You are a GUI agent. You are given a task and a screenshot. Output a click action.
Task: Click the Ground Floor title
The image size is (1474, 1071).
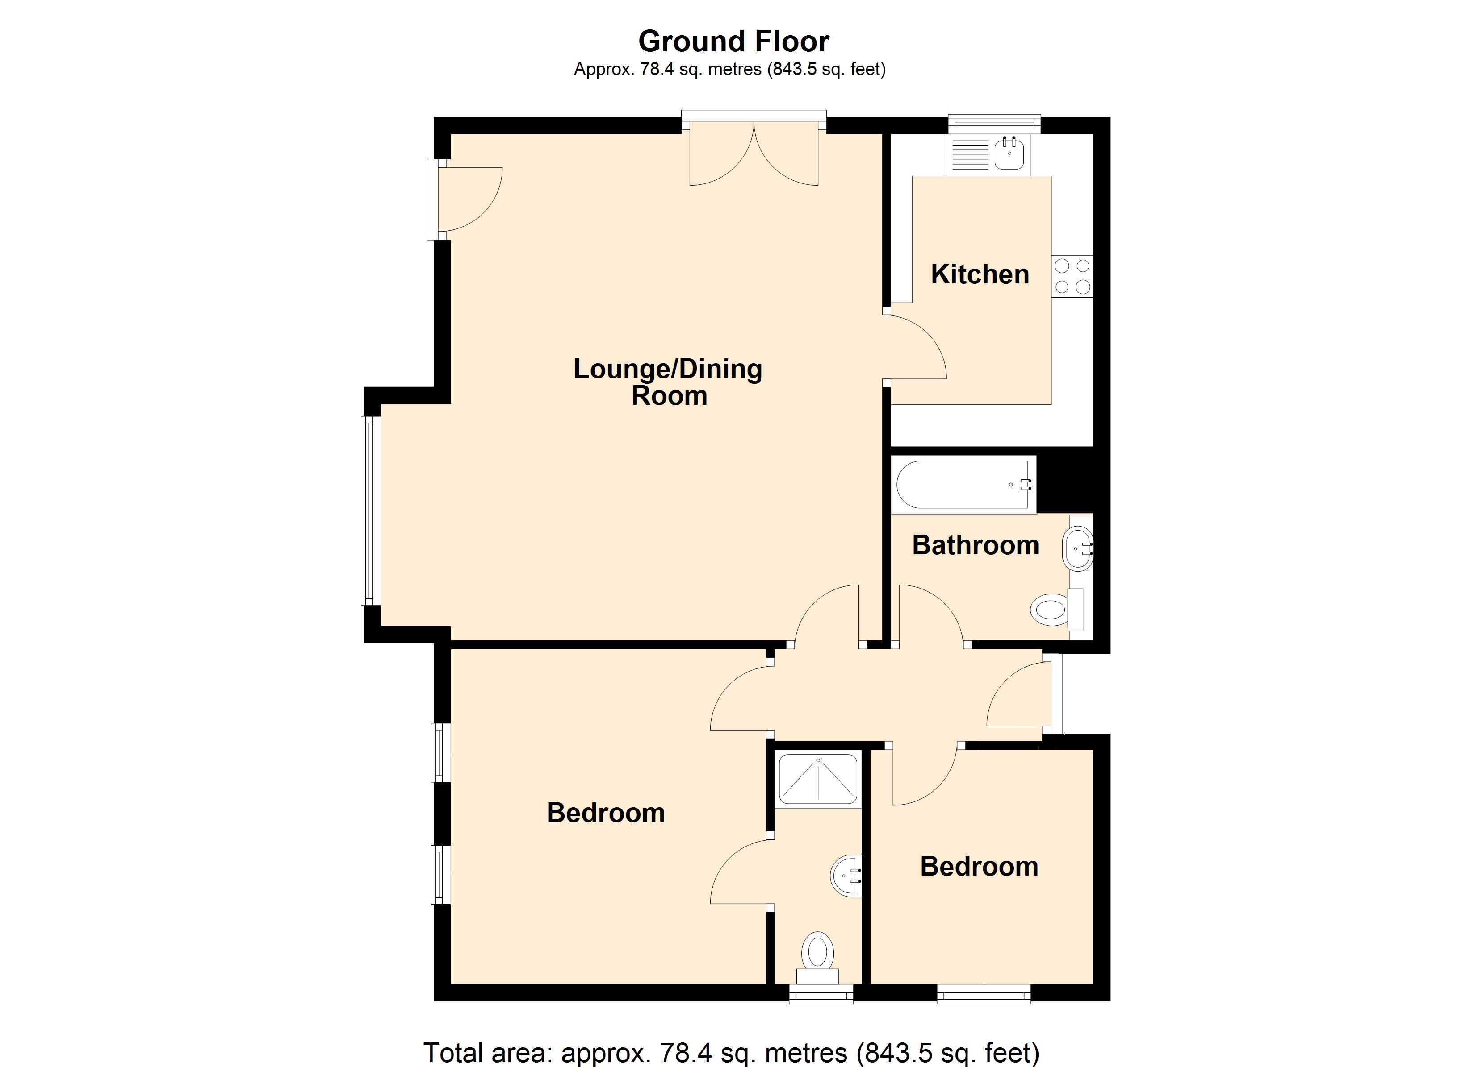(x=734, y=42)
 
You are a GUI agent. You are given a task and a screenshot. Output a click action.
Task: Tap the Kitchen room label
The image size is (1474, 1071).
(x=980, y=274)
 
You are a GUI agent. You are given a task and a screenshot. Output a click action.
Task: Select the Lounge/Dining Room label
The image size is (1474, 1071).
(x=668, y=382)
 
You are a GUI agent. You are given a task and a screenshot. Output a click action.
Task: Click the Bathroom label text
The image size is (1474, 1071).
(x=976, y=545)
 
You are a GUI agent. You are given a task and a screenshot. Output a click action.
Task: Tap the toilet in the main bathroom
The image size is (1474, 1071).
(x=1057, y=609)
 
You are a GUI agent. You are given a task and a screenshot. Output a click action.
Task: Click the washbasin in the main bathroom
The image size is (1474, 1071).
(x=1079, y=548)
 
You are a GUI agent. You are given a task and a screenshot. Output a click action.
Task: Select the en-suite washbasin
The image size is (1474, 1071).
(x=846, y=876)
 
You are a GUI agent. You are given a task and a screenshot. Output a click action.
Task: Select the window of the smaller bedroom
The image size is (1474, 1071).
(x=984, y=994)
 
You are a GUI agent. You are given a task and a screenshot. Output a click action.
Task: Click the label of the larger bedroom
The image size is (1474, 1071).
(x=606, y=813)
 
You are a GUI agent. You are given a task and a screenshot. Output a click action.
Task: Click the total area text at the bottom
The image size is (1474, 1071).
(x=732, y=1052)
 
